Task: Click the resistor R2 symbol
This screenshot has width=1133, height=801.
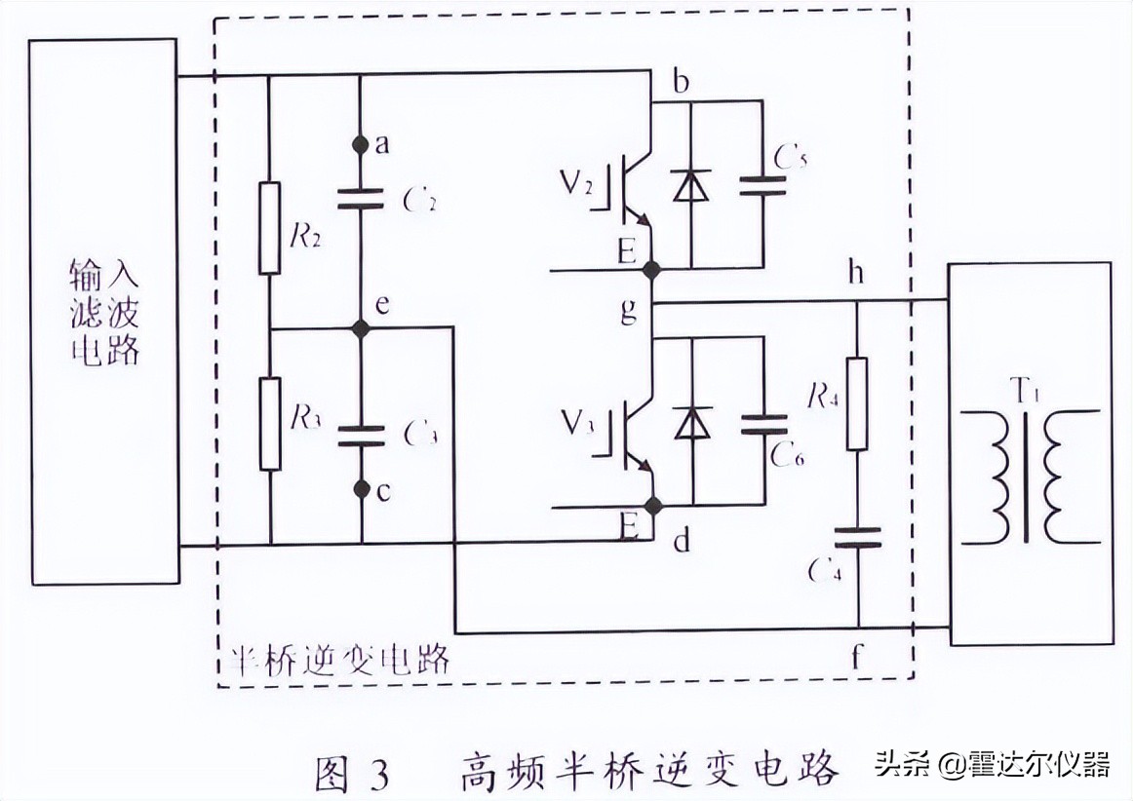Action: pos(269,227)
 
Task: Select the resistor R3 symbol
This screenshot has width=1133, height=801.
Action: pos(269,424)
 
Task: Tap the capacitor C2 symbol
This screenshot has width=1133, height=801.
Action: pos(361,200)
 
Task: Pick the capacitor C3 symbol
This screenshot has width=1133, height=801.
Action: pos(361,435)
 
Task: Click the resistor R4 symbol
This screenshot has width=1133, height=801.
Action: pos(857,403)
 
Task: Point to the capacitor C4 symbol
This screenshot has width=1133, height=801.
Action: pos(857,539)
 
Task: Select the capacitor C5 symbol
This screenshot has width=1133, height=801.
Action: pos(762,186)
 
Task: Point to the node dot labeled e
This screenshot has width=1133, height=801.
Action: pos(361,328)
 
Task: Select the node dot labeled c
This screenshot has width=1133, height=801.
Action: pos(361,488)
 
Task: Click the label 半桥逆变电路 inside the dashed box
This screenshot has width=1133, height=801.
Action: pos(337,661)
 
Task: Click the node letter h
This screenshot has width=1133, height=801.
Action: pos(856,274)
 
